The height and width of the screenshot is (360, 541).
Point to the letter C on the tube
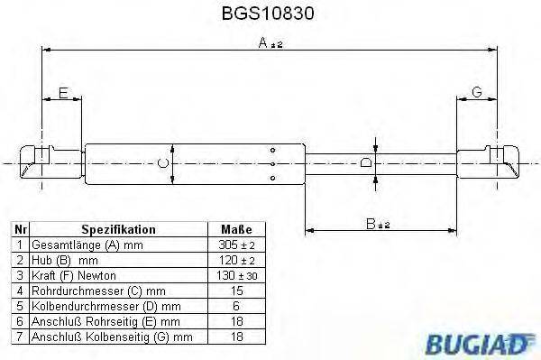161,163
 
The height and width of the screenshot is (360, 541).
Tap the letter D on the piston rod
365,163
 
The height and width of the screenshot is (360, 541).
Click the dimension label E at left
62,93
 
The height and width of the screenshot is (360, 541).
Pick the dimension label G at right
477,93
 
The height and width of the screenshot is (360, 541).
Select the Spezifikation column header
118,229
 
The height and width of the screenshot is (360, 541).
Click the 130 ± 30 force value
235,274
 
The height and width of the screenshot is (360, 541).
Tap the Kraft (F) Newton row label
73,274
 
